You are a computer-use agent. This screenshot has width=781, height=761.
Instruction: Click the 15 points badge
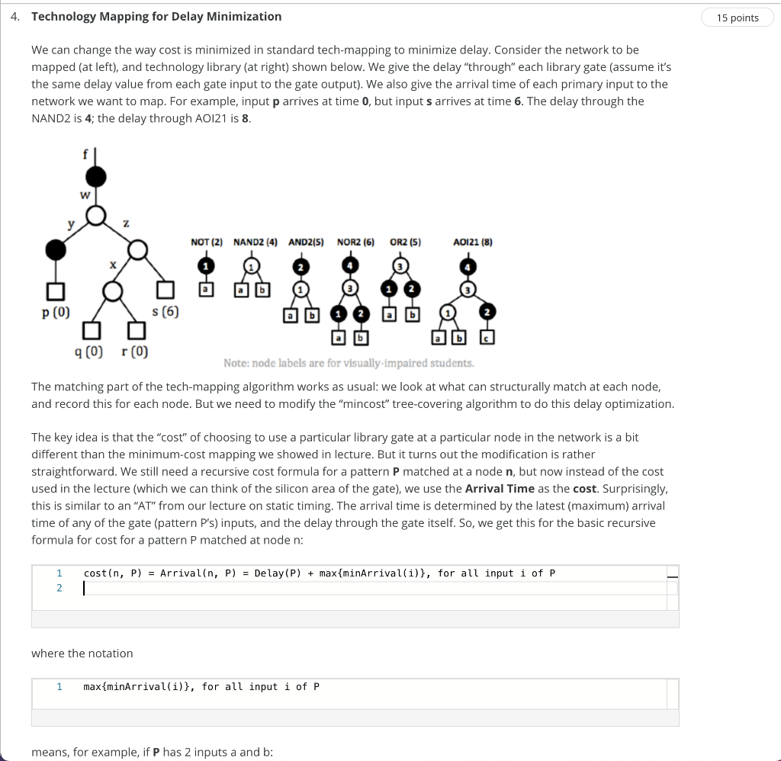tap(738, 18)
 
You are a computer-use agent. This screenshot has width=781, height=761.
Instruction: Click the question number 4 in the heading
tap(16, 17)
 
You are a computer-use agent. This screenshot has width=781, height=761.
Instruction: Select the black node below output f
tap(95, 178)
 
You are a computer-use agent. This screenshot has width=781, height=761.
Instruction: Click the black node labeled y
tap(55, 249)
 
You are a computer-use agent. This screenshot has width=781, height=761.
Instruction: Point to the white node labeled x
tap(114, 291)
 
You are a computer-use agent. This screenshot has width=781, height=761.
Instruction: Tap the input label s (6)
tap(166, 312)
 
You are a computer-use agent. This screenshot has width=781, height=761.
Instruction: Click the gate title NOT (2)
tap(206, 242)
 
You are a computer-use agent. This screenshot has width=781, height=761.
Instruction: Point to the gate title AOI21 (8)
tap(472, 242)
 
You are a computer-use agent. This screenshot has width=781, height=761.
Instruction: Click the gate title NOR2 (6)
tap(355, 242)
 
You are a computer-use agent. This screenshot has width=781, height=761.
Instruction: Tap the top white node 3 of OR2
tap(398, 265)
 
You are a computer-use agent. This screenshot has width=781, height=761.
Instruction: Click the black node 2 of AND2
tap(301, 266)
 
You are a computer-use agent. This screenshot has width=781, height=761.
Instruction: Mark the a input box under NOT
tap(205, 290)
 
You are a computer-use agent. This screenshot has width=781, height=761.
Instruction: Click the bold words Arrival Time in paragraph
tap(500, 488)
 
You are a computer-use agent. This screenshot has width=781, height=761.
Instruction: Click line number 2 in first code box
tap(58, 588)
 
